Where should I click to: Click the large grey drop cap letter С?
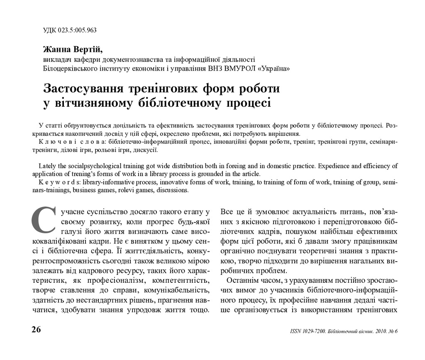(x=42, y=220)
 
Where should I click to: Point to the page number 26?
(x=36, y=330)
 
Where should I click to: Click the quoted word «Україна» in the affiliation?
(x=274, y=68)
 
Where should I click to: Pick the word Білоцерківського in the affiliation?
(x=67, y=68)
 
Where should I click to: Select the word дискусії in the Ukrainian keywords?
(x=144, y=150)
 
